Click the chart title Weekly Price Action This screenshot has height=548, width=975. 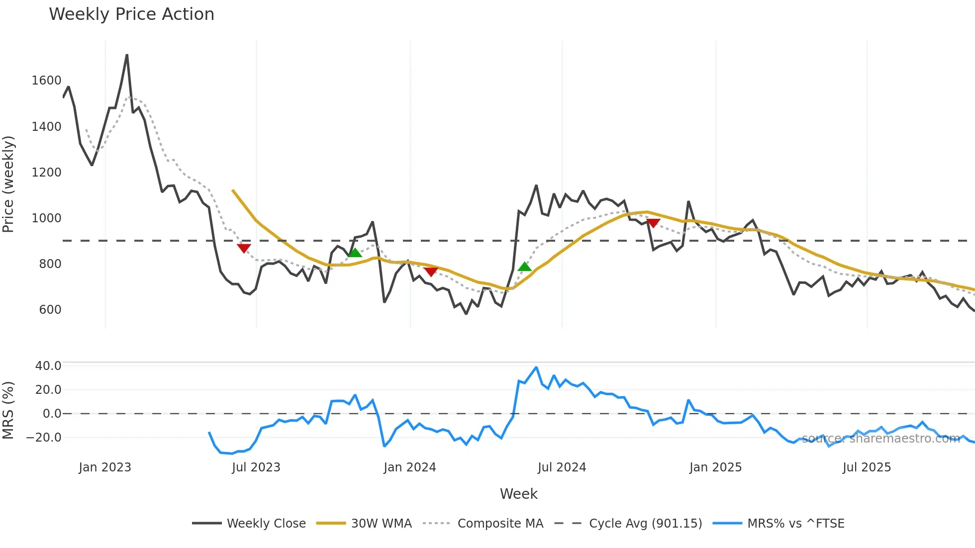131,14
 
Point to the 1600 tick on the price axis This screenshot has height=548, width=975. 46,81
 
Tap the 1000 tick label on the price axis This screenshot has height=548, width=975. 46,218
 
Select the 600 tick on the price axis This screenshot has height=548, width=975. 50,309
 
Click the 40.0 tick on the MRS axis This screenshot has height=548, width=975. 48,366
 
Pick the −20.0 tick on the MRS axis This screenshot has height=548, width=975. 44,438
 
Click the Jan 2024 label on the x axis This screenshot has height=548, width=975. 409,467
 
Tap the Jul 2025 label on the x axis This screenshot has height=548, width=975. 867,467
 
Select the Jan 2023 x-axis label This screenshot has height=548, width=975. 105,467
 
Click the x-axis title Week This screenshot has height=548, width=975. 518,494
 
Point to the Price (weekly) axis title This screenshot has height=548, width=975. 8,184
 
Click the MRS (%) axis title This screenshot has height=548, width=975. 8,410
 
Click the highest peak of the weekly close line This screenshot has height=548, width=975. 127,55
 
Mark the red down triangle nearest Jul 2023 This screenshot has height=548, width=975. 244,248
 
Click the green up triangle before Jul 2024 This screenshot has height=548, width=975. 524,267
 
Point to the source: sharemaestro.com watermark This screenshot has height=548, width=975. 880,439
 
